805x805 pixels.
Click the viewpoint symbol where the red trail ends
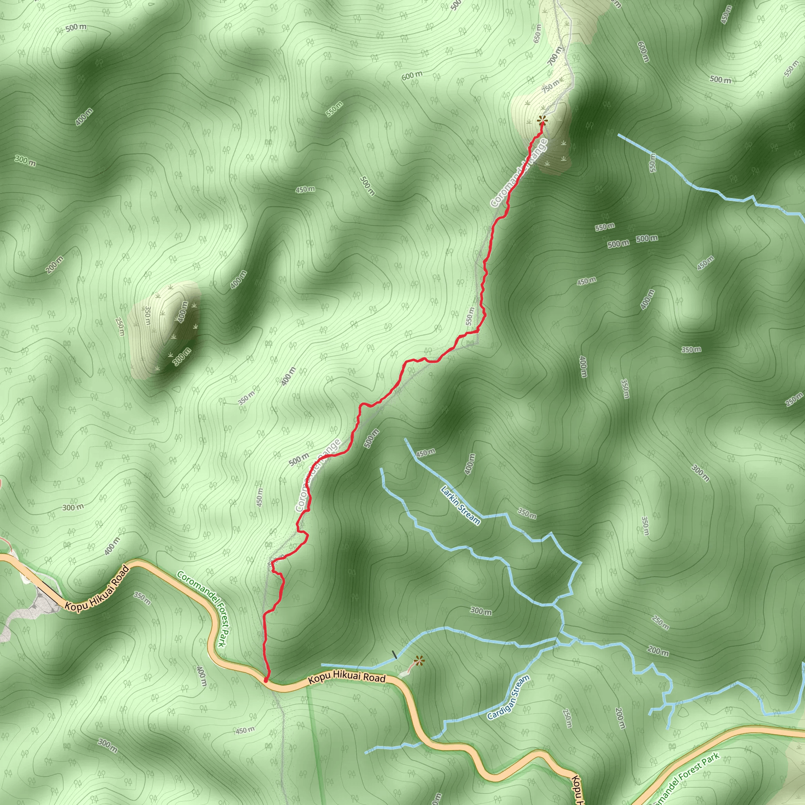542,121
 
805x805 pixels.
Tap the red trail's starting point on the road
266,680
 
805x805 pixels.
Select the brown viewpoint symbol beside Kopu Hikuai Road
419,660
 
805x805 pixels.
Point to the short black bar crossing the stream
395,654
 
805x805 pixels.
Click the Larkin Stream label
460,505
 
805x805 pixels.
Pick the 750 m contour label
551,86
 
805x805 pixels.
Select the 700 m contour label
555,55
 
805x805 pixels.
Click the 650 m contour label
537,33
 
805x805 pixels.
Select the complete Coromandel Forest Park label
204,609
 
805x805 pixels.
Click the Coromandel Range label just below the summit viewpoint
519,173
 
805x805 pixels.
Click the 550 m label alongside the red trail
470,316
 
